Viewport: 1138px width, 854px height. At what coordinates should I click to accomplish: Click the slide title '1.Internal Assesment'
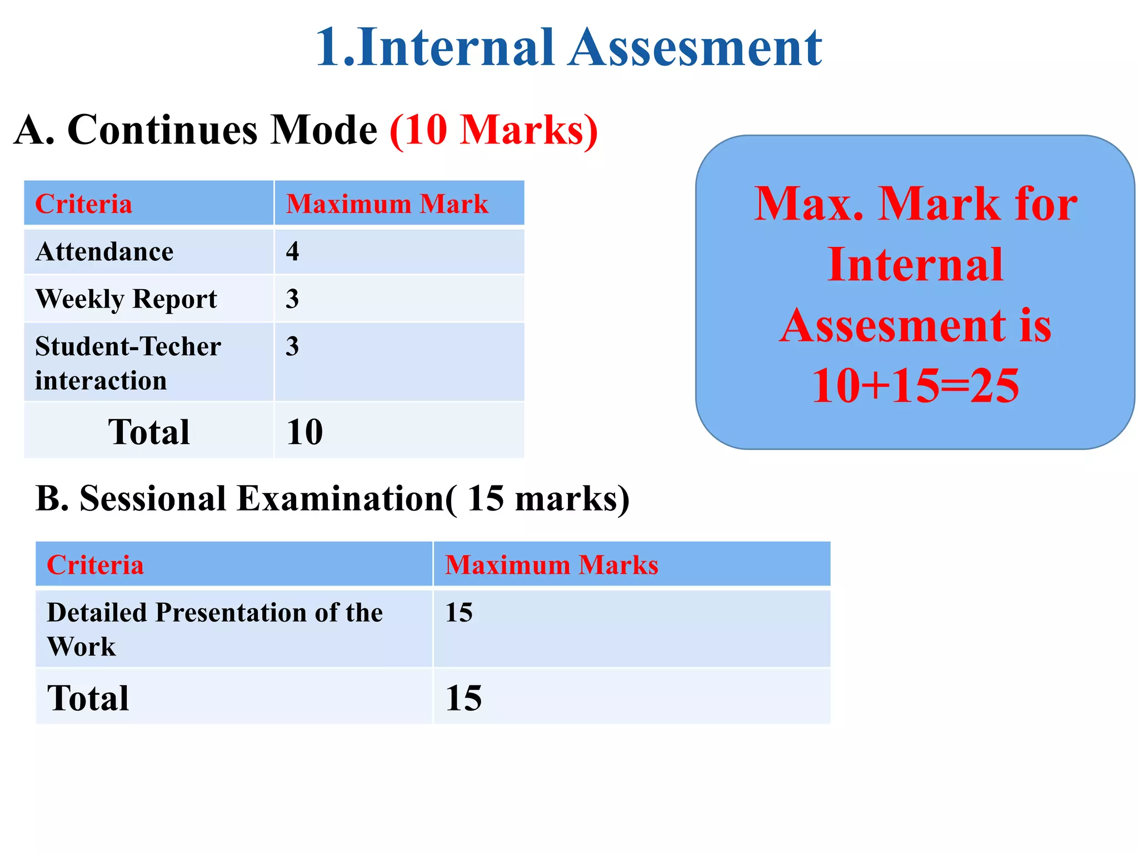(x=568, y=48)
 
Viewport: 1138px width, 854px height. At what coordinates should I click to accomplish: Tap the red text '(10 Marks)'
(x=493, y=130)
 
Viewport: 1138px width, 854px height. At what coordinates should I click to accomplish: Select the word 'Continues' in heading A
(x=162, y=130)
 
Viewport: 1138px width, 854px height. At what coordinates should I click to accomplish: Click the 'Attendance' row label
(x=104, y=252)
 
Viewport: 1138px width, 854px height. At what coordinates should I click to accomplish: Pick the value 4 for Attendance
(x=293, y=251)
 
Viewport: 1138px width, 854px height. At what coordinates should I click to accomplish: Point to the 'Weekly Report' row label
(x=126, y=300)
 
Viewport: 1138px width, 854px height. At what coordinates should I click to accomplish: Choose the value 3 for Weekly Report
(x=293, y=299)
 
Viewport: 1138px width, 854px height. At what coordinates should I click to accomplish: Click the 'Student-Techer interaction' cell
(x=128, y=363)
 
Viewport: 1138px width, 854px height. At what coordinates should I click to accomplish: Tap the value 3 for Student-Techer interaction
(x=293, y=346)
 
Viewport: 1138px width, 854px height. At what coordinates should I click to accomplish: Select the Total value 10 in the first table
(x=305, y=432)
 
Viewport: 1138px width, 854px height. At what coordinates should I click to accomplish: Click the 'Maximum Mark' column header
(x=387, y=204)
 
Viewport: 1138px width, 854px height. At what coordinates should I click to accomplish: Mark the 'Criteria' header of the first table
(x=84, y=204)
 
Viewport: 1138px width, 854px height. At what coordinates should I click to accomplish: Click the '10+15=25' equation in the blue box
(x=915, y=385)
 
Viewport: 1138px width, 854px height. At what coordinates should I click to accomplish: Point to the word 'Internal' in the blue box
(x=915, y=265)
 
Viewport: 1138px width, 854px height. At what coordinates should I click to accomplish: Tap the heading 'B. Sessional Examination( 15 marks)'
(x=332, y=498)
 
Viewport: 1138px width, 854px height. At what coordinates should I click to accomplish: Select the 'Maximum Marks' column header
(x=552, y=565)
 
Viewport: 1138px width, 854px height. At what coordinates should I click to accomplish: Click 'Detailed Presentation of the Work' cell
(x=215, y=629)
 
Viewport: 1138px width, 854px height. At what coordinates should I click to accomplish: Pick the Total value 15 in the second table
(x=463, y=698)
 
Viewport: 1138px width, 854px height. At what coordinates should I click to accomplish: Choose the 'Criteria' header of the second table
(x=96, y=565)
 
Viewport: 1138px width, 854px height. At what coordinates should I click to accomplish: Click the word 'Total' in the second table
(x=88, y=698)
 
